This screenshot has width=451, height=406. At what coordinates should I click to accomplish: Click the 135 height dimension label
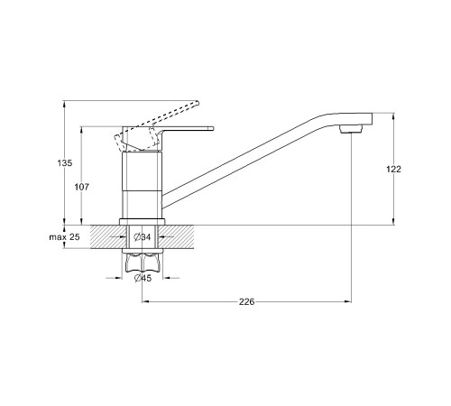(x=65, y=163)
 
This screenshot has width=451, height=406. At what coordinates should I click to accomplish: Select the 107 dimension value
(x=82, y=187)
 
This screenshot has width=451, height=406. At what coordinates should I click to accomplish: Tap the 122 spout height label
(x=393, y=170)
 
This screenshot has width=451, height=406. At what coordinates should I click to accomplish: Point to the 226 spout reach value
(x=246, y=301)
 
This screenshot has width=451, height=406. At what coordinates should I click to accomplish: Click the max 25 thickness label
(x=65, y=237)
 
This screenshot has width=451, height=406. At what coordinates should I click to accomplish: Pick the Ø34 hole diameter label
(x=143, y=237)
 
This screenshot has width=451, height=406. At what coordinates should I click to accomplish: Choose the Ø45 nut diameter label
(x=143, y=278)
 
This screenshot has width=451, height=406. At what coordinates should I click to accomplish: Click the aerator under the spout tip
(x=351, y=129)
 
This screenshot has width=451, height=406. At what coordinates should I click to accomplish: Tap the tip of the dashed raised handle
(x=198, y=103)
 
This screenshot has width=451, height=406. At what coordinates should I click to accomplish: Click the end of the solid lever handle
(x=212, y=128)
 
